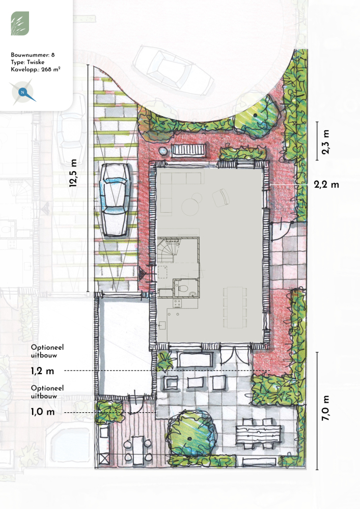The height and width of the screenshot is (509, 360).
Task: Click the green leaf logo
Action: [x=20, y=23]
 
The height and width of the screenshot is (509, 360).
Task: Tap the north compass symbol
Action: [x=23, y=93]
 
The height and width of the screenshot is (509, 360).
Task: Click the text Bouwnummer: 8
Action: [x=33, y=54]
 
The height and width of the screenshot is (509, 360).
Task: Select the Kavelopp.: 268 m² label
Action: [x=35, y=69]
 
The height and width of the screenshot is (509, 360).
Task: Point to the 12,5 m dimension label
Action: [x=73, y=173]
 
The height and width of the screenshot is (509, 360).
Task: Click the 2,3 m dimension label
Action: [x=325, y=142]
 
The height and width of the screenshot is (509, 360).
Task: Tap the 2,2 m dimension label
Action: [x=326, y=184]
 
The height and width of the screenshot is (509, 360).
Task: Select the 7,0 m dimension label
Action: [x=325, y=408]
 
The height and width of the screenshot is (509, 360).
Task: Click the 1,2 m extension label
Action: [x=43, y=371]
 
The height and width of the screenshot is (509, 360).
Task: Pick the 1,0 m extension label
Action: [x=43, y=412]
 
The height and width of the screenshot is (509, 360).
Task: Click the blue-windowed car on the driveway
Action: [x=115, y=200]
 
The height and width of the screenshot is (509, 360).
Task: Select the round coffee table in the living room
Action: [x=190, y=207]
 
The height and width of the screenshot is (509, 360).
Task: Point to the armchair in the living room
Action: [x=221, y=197]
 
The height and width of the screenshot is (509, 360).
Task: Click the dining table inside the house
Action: [x=235, y=307]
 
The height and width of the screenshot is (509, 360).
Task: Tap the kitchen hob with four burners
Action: [x=177, y=303]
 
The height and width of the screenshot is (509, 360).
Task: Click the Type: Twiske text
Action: [x=27, y=62]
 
